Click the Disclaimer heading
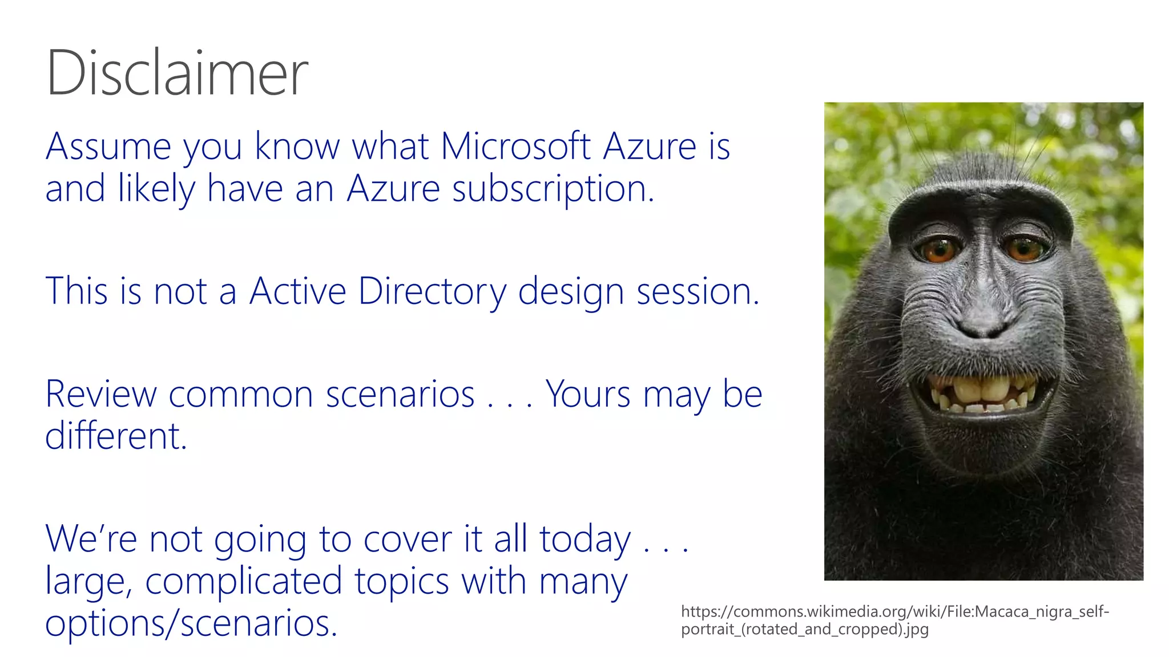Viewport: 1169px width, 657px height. pos(177,73)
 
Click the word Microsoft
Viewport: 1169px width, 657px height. pos(515,147)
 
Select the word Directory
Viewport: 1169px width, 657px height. pos(432,292)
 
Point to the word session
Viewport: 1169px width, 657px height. pos(698,292)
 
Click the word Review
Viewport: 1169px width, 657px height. pos(100,394)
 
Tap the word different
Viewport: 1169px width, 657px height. pos(116,436)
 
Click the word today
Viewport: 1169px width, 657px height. pos(584,540)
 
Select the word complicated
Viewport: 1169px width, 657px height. pos(244,582)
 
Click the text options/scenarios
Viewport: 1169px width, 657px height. pos(191,623)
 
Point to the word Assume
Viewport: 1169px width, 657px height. pos(108,147)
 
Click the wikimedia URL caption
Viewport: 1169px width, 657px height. pos(894,620)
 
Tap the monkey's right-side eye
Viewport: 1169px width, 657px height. pos(1025,248)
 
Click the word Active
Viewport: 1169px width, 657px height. pos(297,292)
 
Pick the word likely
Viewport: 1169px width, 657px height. pos(156,189)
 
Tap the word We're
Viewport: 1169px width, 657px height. pos(91,540)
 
